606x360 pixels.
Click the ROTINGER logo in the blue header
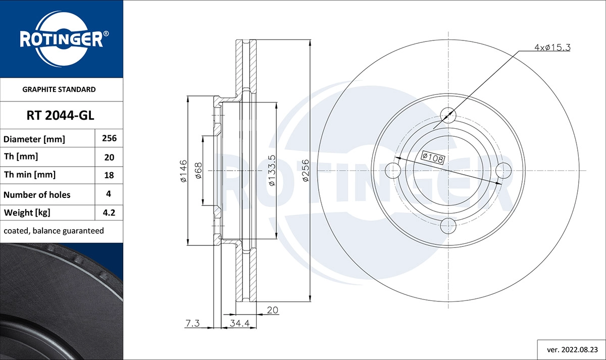click(62, 39)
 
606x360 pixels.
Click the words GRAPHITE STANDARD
click(59, 89)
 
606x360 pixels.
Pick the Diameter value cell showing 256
click(109, 138)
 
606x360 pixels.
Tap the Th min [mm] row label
click(30, 175)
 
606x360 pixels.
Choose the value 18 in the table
click(109, 175)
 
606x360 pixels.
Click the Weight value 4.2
click(109, 213)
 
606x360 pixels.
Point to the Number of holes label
click(37, 194)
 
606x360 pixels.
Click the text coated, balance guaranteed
click(54, 231)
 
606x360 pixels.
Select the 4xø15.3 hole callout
click(552, 47)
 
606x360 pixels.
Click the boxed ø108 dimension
click(432, 158)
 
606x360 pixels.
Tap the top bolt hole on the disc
click(448, 116)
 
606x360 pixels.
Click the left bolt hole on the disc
click(393, 170)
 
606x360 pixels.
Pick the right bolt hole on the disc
click(503, 170)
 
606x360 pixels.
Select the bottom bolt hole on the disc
click(448, 225)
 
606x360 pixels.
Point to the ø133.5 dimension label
click(272, 171)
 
